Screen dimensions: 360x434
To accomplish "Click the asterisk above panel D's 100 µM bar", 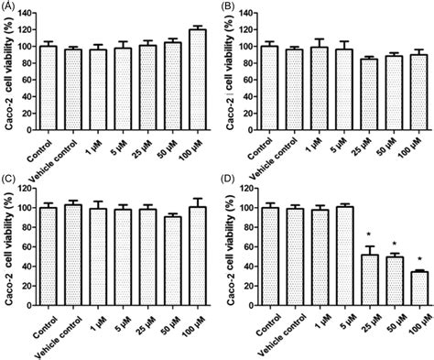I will pyautogui.click(x=419, y=259).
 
